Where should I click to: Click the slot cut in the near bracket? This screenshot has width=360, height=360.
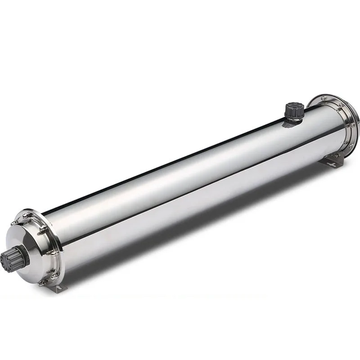click(x=60, y=288)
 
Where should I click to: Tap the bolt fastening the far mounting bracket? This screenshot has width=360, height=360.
click(x=336, y=156)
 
